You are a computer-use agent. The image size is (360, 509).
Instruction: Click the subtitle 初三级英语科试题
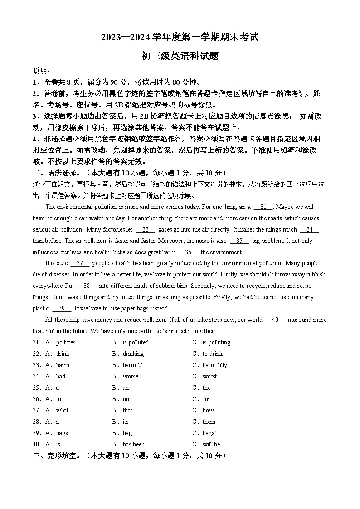180,56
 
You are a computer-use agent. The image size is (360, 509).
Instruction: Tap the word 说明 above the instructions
42,71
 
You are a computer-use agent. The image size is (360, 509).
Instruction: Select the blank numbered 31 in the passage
263,207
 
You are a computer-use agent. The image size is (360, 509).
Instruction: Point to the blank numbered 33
145,230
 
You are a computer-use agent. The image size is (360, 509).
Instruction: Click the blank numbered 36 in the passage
188,252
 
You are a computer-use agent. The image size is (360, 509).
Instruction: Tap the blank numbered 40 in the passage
275,320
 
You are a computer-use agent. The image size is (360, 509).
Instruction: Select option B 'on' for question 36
126,399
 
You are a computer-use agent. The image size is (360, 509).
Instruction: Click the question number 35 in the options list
37,388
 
